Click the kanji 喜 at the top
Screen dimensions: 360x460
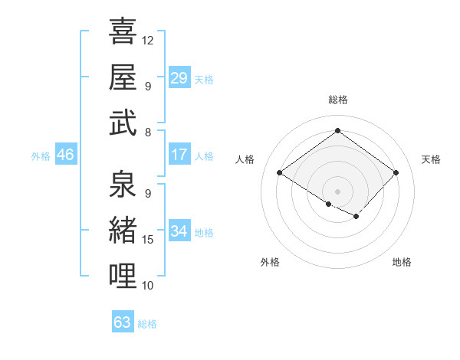click(123, 31)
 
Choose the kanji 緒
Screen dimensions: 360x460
click(123, 230)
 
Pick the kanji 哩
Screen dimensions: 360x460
click(123, 275)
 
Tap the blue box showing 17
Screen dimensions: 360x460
click(179, 155)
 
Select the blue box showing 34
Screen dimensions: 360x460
click(179, 231)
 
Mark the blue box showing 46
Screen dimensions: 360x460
click(65, 155)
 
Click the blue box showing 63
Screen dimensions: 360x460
click(123, 322)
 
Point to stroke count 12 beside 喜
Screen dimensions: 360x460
click(148, 40)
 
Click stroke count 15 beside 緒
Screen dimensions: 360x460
click(148, 240)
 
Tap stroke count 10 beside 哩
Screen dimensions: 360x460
click(148, 285)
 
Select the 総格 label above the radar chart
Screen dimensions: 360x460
click(337, 100)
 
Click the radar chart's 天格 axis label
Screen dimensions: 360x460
click(432, 159)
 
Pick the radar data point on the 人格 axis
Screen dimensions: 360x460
click(280, 173)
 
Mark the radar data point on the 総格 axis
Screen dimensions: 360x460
click(337, 130)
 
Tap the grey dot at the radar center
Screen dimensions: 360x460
click(337, 191)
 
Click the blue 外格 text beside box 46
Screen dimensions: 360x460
click(41, 155)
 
